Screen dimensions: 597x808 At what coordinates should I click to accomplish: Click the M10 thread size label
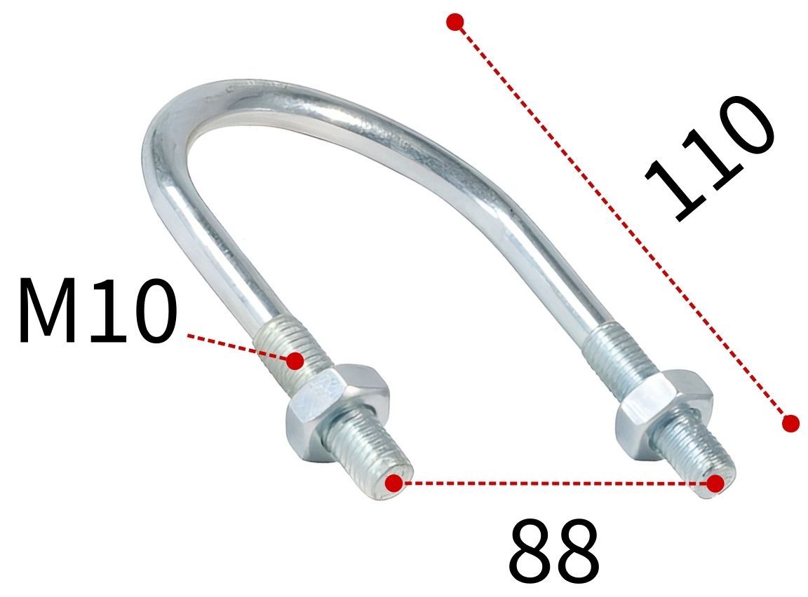[97, 310]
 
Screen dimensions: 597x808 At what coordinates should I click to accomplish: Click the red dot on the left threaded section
[295, 362]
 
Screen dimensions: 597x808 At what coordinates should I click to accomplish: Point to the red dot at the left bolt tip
[394, 483]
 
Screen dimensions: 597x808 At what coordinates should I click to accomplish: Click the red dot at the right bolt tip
[715, 483]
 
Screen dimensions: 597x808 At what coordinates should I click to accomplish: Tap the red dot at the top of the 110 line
[455, 22]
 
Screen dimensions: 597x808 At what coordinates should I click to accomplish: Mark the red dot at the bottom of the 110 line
[790, 423]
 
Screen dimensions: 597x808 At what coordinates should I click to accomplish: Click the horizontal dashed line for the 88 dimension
[554, 483]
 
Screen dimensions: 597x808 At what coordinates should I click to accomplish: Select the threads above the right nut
[617, 354]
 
